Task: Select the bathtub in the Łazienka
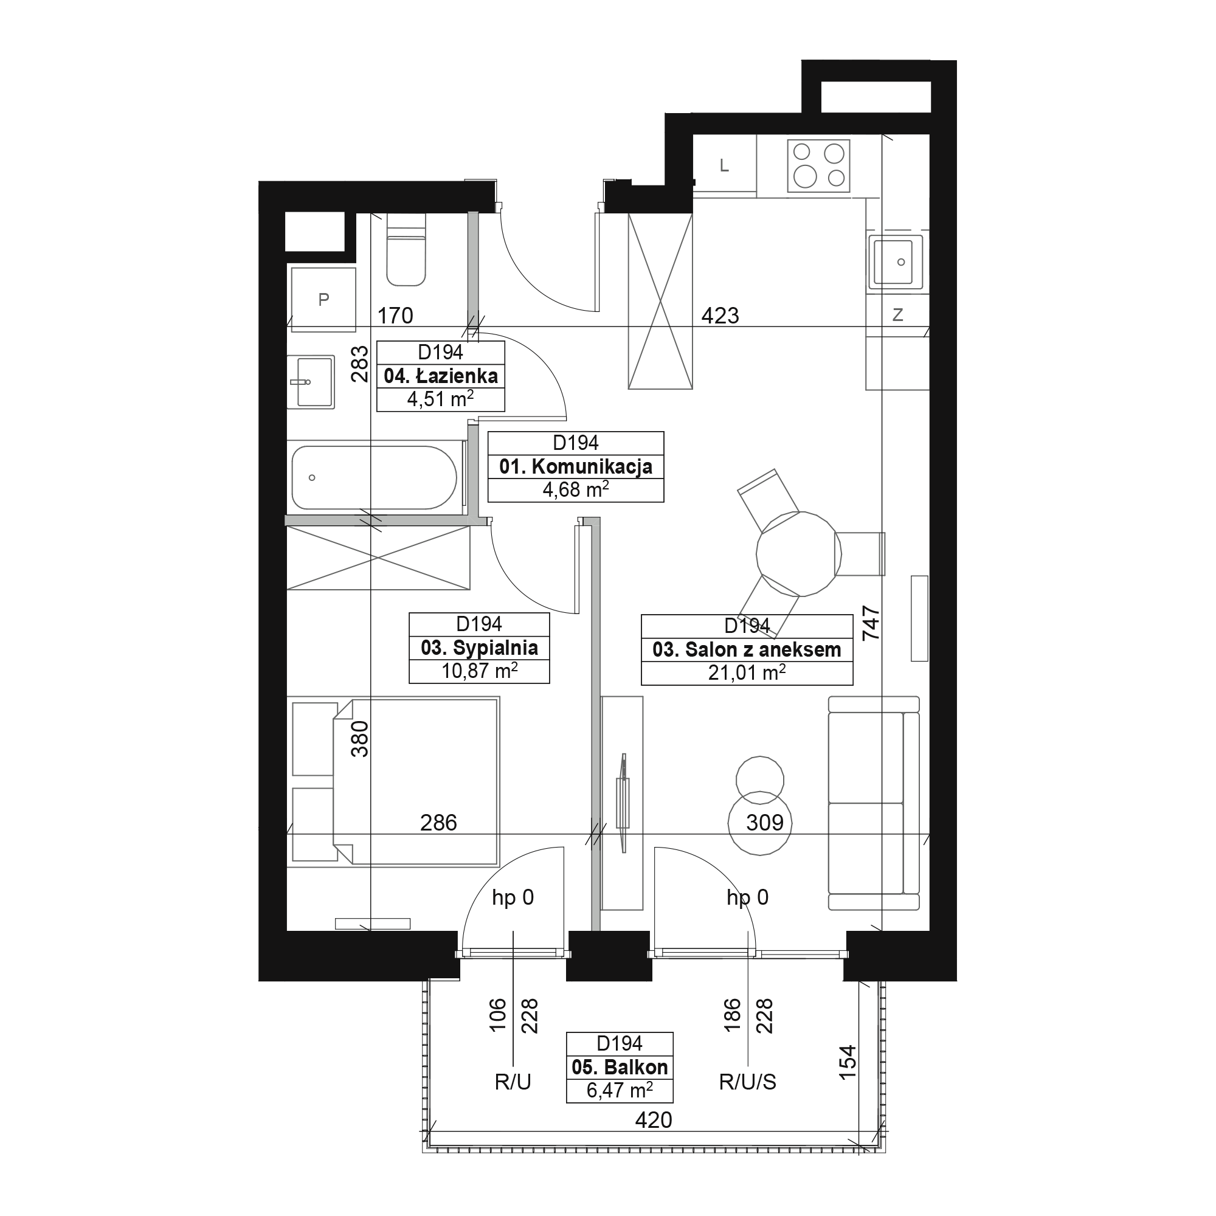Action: pyautogui.click(x=375, y=478)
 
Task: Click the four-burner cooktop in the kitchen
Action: pyautogui.click(x=818, y=166)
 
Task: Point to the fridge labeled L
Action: pyautogui.click(x=725, y=165)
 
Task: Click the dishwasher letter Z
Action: pyautogui.click(x=897, y=316)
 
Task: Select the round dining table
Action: pyautogui.click(x=799, y=554)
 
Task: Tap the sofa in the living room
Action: pyautogui.click(x=874, y=803)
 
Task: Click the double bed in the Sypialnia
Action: pyautogui.click(x=415, y=781)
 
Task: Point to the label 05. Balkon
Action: pyautogui.click(x=620, y=1068)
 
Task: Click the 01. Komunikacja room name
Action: pyautogui.click(x=576, y=467)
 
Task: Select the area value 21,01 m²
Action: pyautogui.click(x=747, y=673)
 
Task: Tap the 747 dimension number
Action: pyautogui.click(x=871, y=623)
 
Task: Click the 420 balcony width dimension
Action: pyautogui.click(x=654, y=1121)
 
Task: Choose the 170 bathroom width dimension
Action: pyautogui.click(x=395, y=316)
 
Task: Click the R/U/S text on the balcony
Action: pyautogui.click(x=748, y=1083)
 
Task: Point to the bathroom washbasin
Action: pyautogui.click(x=311, y=382)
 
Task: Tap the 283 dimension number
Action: pyautogui.click(x=359, y=364)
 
